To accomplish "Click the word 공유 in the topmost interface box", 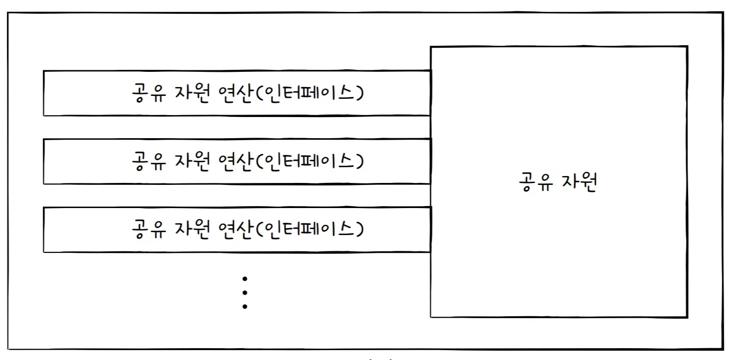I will tap(147, 93).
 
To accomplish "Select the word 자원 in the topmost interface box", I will tap(193, 93).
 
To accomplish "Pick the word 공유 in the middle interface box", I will tap(147, 161).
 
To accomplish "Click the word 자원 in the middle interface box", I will tap(193, 161).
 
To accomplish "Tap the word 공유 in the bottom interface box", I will tap(147, 229).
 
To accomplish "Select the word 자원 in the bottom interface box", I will tap(193, 229).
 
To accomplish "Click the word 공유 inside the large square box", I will tap(534, 183).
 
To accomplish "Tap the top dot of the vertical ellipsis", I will tap(245, 279).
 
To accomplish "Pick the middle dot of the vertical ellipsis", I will tap(245, 293).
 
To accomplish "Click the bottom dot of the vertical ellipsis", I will tap(245, 306).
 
